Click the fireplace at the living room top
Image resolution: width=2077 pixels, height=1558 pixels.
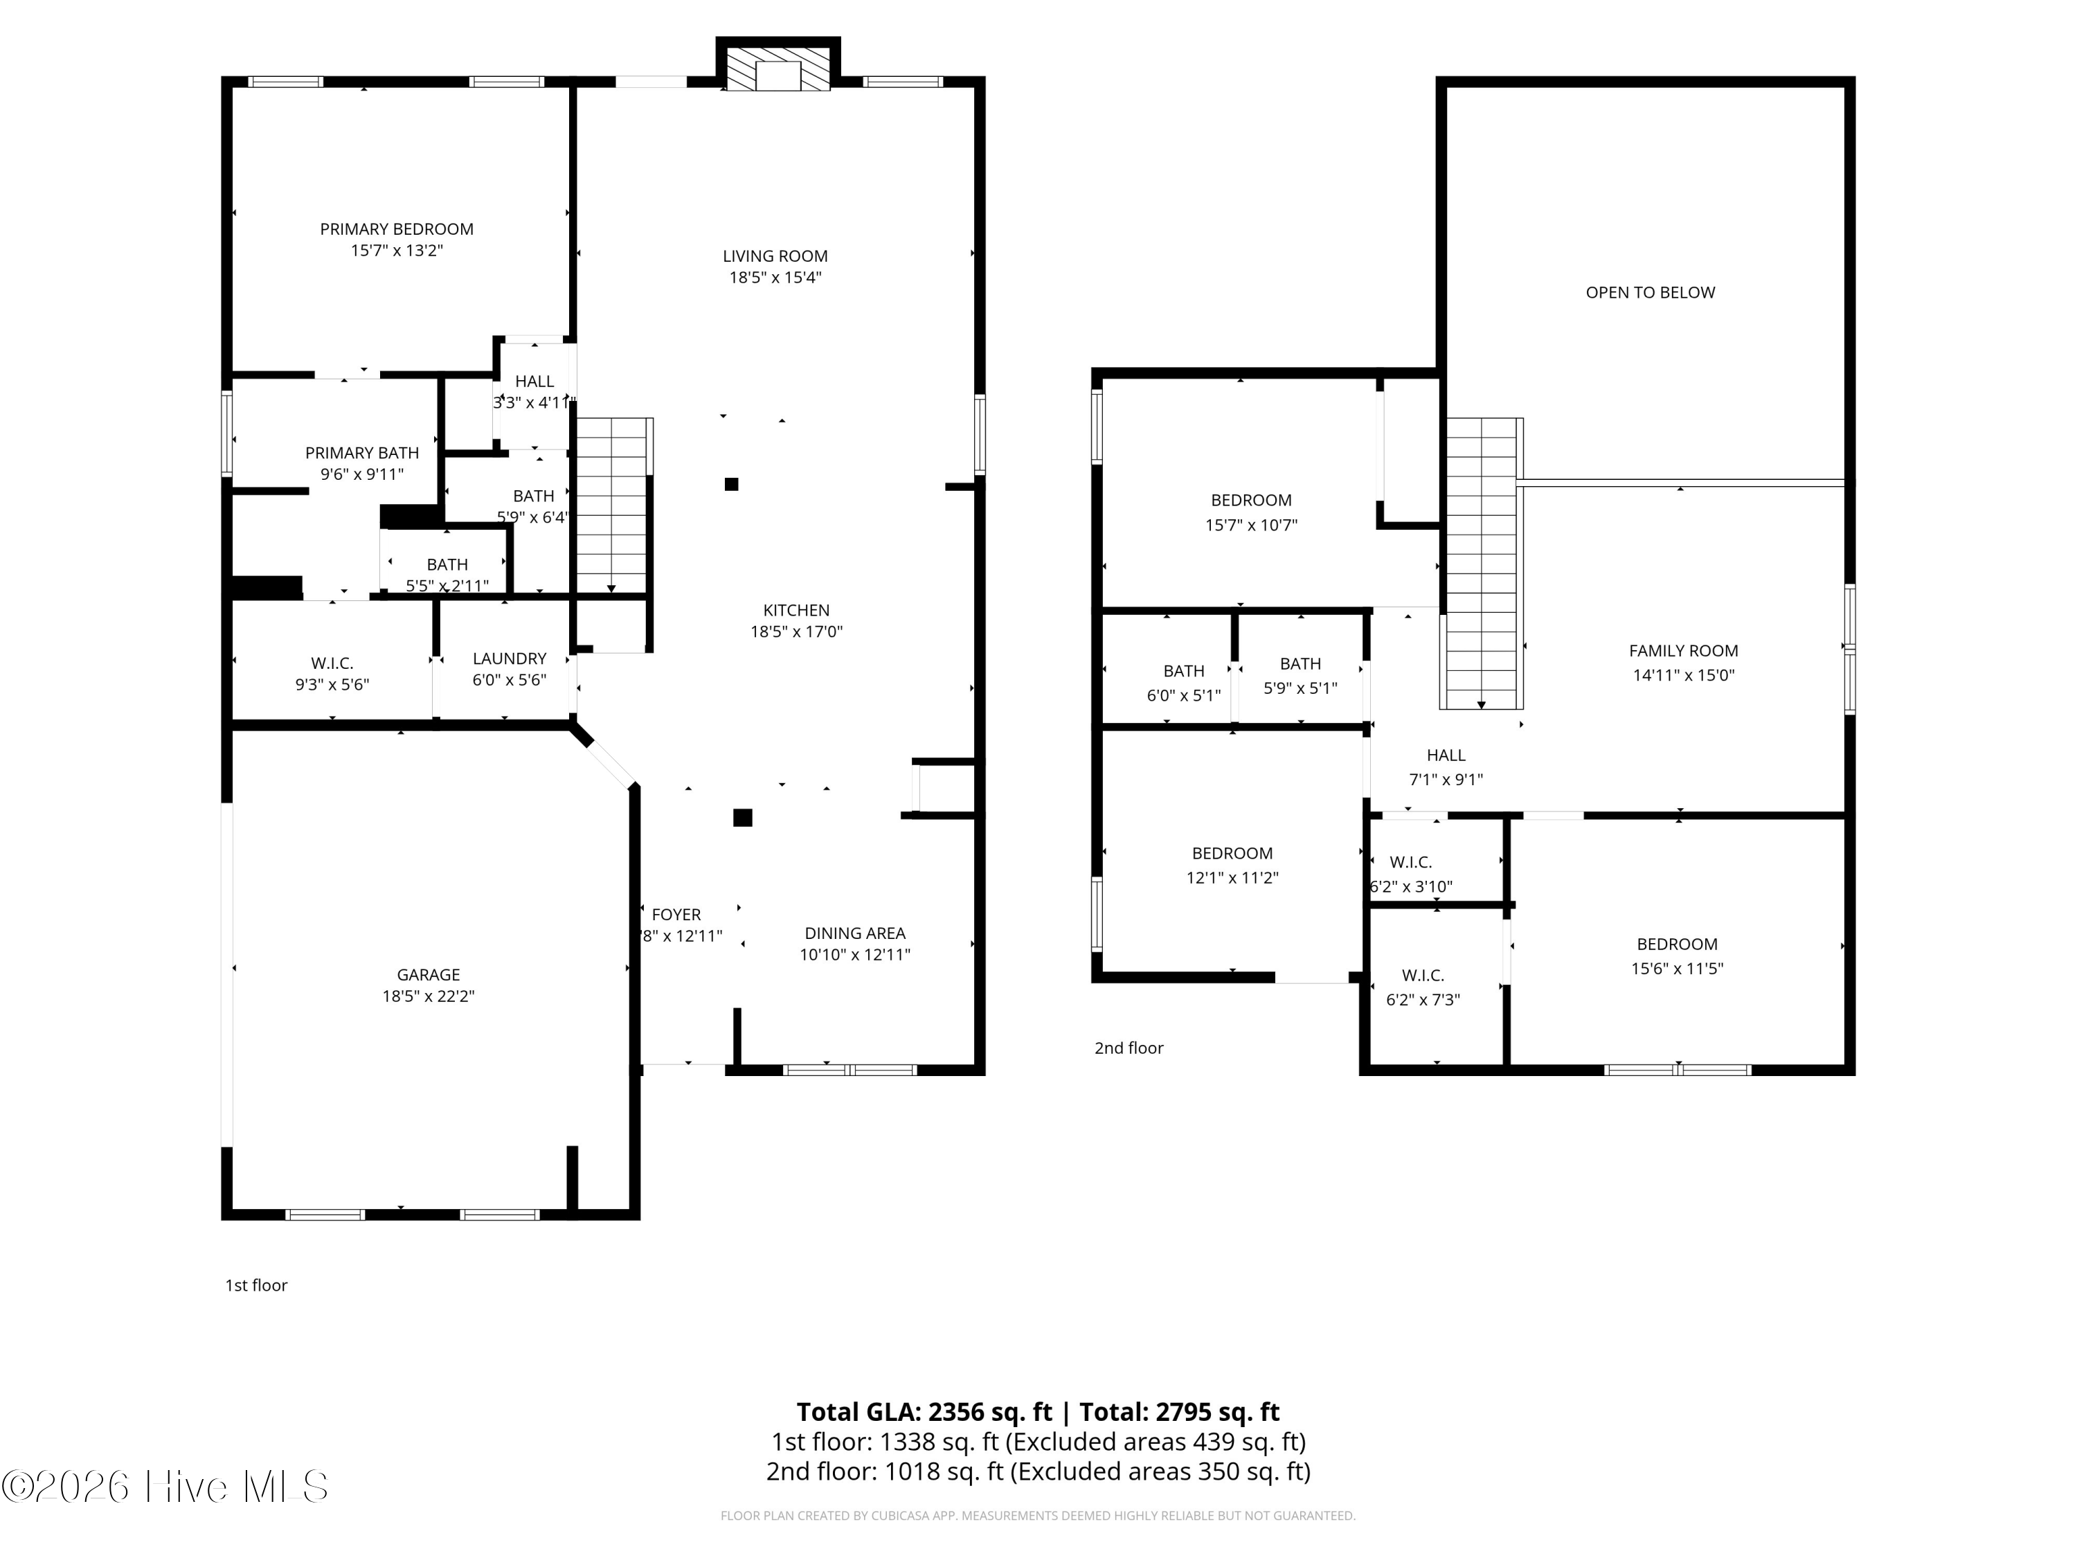778,65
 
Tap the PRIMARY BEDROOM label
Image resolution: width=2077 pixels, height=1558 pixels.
396,229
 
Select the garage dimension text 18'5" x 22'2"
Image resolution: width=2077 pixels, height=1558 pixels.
428,996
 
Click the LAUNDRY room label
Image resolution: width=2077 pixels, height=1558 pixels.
509,659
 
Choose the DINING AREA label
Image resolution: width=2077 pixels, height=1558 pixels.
854,933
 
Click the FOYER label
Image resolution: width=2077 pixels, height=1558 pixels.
676,914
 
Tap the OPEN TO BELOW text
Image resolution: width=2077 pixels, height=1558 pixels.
1650,292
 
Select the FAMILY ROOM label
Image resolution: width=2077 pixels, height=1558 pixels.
1682,651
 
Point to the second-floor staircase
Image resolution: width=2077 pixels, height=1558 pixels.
1482,564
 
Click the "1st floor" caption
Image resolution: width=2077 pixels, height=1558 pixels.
255,1284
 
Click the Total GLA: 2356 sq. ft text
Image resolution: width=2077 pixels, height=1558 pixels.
924,1411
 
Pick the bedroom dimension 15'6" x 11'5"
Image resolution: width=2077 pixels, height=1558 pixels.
1677,968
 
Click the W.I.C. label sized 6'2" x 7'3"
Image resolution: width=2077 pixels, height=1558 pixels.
1423,975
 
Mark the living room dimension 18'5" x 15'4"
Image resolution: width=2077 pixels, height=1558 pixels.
775,277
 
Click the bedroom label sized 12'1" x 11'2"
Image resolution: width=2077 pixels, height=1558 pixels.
1232,852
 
